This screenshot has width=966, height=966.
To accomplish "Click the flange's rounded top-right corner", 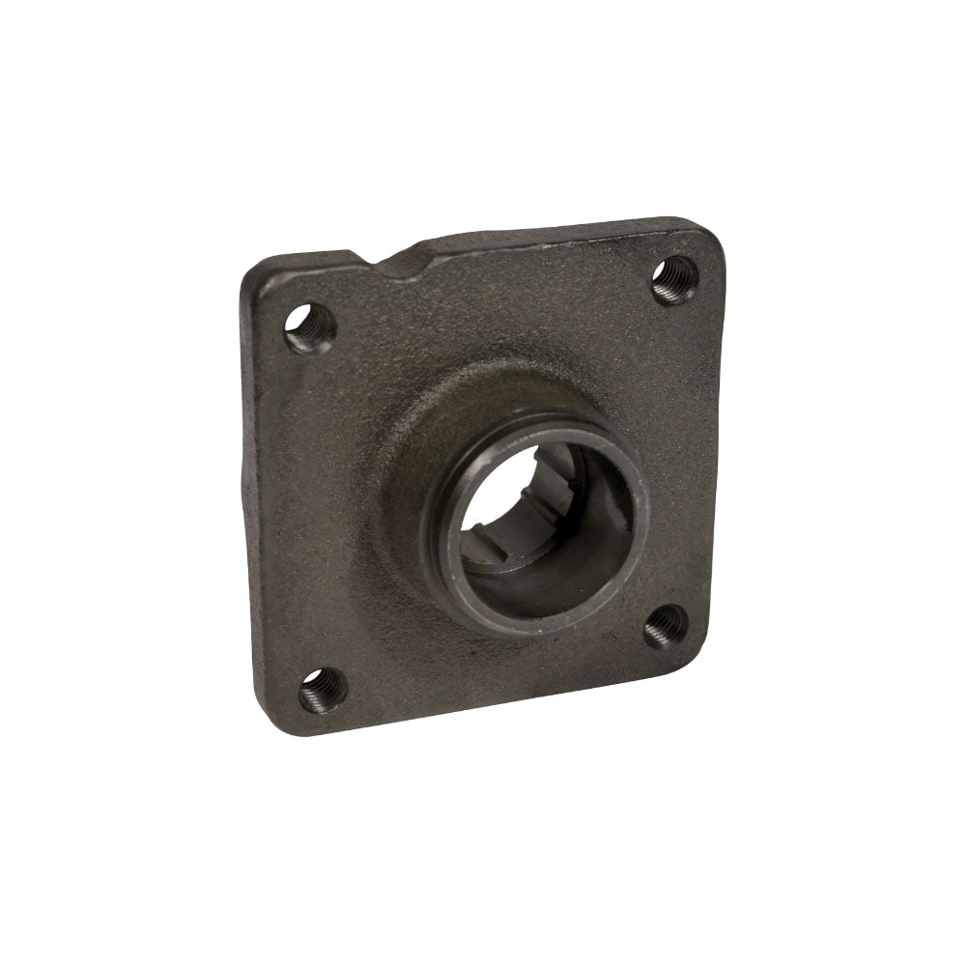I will pyautogui.click(x=710, y=237).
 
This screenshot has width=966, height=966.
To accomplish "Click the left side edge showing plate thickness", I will pyautogui.click(x=242, y=483).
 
